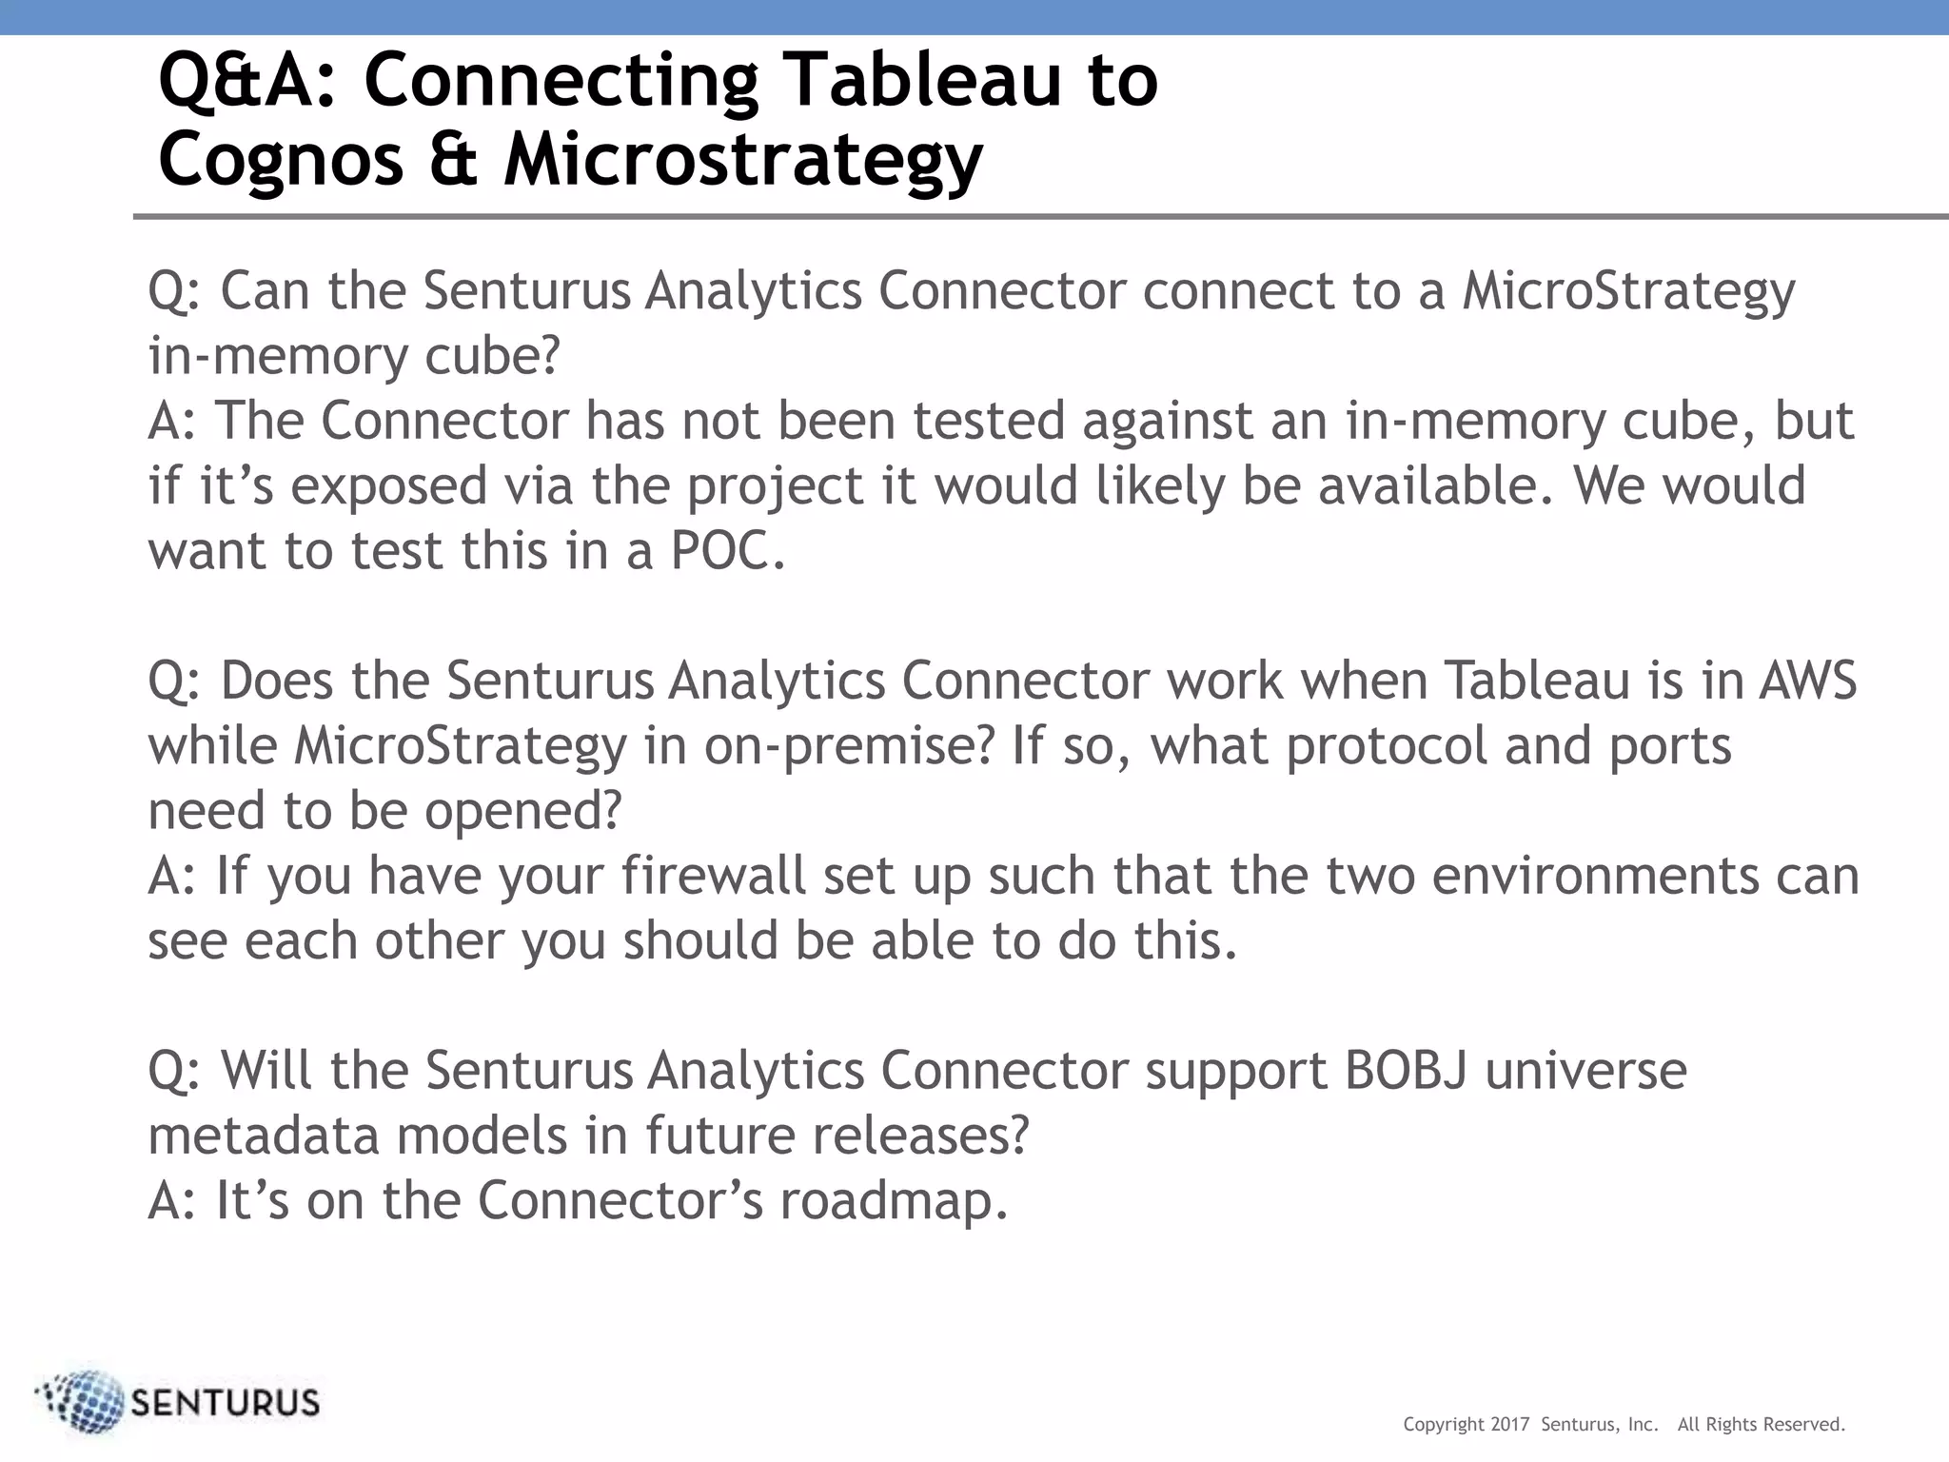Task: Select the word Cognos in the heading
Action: point(281,160)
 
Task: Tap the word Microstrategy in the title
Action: point(742,160)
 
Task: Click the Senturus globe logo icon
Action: point(84,1401)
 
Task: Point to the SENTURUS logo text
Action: point(225,1403)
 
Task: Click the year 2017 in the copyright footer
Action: point(1510,1425)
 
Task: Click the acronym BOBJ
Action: point(1406,1071)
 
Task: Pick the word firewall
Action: point(714,876)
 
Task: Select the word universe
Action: point(1585,1071)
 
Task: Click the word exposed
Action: point(388,486)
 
